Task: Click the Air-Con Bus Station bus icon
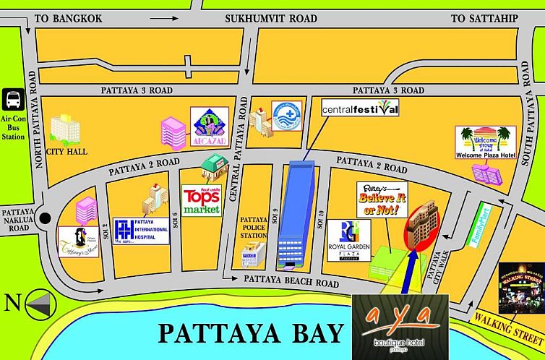[x=13, y=98]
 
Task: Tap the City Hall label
[x=66, y=153]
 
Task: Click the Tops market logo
[x=201, y=200]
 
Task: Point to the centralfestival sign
[x=360, y=110]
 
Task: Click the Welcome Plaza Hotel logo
[x=486, y=142]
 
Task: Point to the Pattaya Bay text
[x=250, y=333]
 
